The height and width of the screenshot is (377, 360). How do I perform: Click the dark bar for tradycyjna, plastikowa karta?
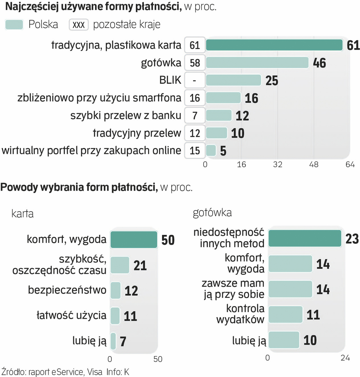coord(274,45)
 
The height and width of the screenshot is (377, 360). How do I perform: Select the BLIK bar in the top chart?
coord(233,80)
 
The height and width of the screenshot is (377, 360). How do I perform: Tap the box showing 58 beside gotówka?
coord(194,63)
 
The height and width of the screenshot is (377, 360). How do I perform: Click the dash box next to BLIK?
coord(194,81)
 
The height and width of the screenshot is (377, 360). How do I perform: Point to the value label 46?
coord(319,63)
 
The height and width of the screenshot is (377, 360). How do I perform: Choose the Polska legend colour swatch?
coord(14,24)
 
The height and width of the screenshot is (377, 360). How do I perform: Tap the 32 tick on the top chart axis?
coord(278,165)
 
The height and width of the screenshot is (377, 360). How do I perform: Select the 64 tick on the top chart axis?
coord(350,165)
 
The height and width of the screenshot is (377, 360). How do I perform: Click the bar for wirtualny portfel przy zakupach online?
coord(211,150)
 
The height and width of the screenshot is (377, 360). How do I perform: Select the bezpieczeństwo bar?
coord(115,290)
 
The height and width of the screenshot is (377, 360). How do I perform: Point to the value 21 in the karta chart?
coord(140,265)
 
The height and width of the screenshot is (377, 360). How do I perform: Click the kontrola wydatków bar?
coord(285,315)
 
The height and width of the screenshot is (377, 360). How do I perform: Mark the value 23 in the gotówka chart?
coord(352,239)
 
